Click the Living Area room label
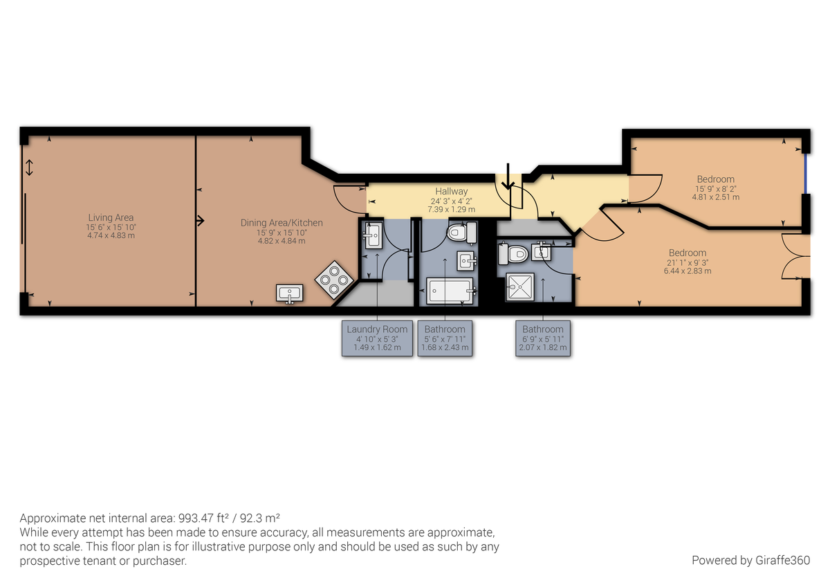pos(111,217)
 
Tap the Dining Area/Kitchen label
pos(282,222)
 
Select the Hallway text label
pos(451,191)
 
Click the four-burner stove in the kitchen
pos(334,280)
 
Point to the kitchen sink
pos(289,293)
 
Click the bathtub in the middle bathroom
pos(450,291)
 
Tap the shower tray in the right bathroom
pos(520,287)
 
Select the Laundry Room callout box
pos(377,338)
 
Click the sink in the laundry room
pos(373,235)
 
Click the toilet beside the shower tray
pos(513,253)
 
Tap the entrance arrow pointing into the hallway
pos(508,177)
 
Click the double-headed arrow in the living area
pos(29,168)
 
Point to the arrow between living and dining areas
pos(200,221)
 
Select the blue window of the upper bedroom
pos(806,174)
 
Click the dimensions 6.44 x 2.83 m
pos(688,271)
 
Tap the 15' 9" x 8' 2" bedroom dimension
pos(715,189)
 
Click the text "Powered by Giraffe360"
pos(750,560)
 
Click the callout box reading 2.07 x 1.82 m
pos(543,338)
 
